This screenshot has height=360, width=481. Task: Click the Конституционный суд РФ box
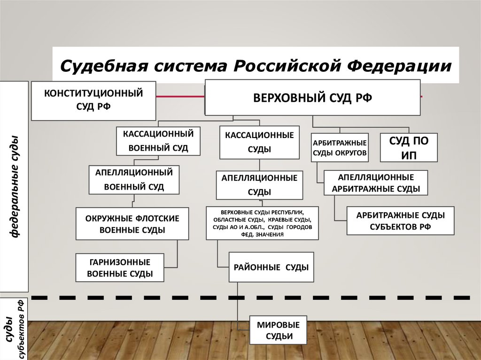pos(93,100)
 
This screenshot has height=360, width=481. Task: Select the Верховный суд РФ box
pos(312,98)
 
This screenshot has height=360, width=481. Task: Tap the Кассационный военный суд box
pos(158,141)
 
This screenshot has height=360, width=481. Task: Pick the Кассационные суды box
pos(259,142)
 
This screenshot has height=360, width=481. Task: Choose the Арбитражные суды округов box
pos(339,147)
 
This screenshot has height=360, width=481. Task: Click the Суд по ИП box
pos(409,147)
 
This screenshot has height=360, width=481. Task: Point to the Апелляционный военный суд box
pos(134,180)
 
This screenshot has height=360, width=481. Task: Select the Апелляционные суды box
pos(259,185)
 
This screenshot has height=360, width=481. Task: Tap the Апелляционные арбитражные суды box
pos(375,183)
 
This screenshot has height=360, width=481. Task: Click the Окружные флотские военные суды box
pos(132,224)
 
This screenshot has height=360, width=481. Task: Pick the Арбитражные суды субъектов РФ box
pos(400,221)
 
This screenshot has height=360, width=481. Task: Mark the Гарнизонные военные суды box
pos(120,268)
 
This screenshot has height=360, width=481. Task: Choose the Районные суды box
pos(271,268)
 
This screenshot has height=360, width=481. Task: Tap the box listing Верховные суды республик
pos(262,223)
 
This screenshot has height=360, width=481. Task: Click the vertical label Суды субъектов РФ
pos(15,329)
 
